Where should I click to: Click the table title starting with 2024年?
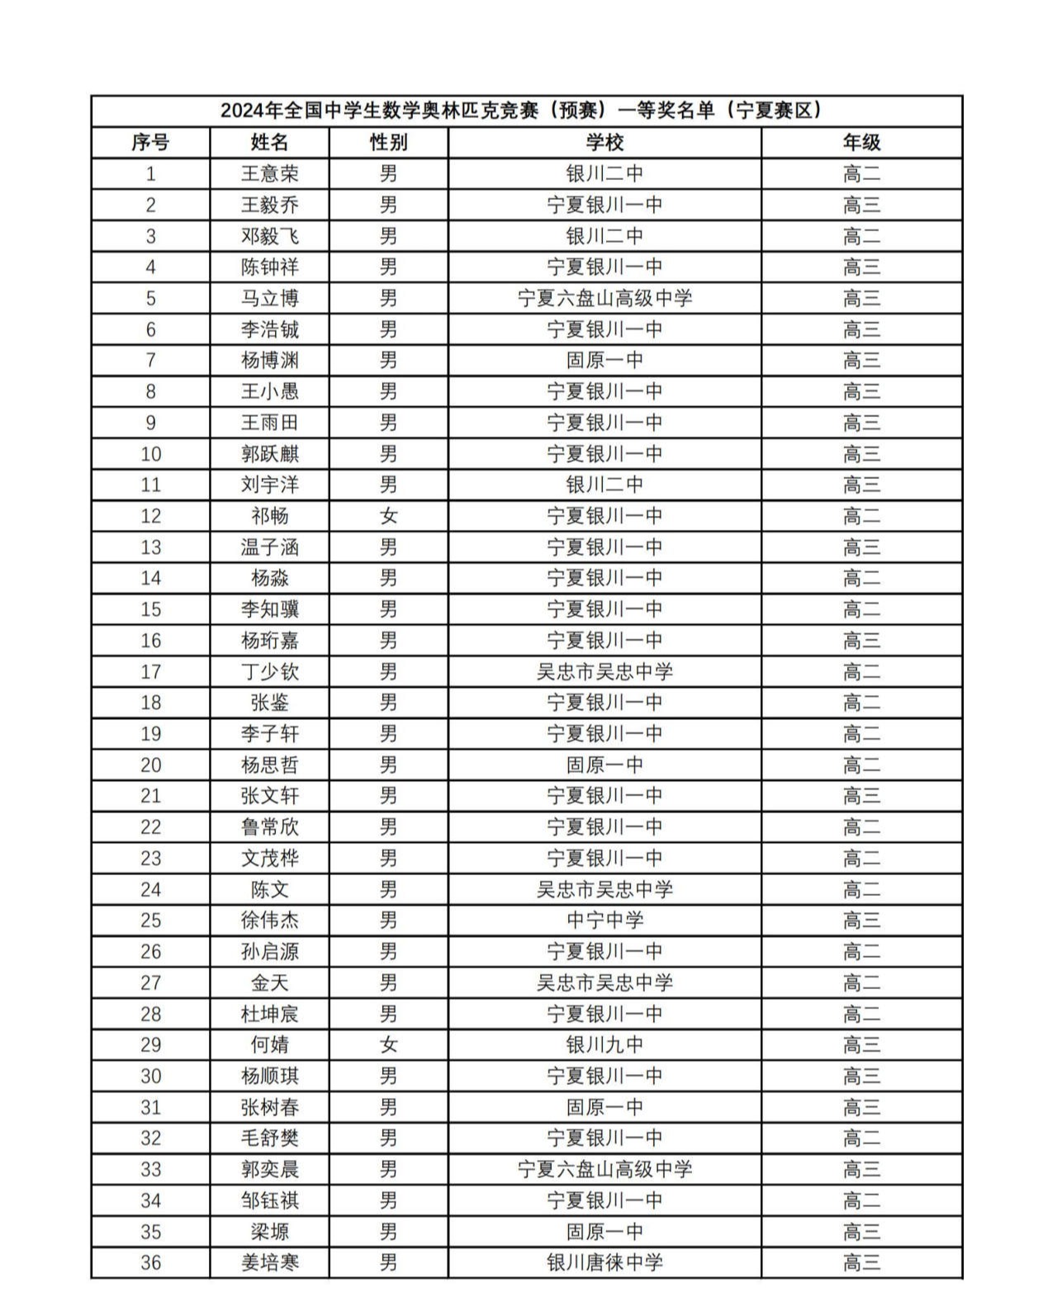pyautogui.click(x=526, y=111)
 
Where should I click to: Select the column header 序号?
pyautogui.click(x=150, y=143)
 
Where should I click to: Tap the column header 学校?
pyautogui.click(x=604, y=143)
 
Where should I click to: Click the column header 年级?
pyautogui.click(x=861, y=143)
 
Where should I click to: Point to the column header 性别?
pyautogui.click(x=388, y=143)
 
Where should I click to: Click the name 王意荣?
pyautogui.click(x=269, y=174)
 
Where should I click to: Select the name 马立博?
pyautogui.click(x=269, y=298)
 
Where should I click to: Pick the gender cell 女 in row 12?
pyautogui.click(x=388, y=516)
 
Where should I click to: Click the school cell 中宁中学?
pyautogui.click(x=604, y=921)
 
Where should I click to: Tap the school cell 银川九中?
pyautogui.click(x=604, y=1045)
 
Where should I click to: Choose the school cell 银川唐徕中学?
pyautogui.click(x=604, y=1262)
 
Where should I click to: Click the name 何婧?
pyautogui.click(x=269, y=1045)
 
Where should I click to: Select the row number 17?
pyautogui.click(x=150, y=672)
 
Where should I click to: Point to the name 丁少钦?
pyautogui.click(x=269, y=672)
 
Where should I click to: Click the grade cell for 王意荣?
pyautogui.click(x=861, y=174)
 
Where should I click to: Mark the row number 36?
pyautogui.click(x=150, y=1262)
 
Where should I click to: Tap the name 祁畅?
pyautogui.click(x=269, y=516)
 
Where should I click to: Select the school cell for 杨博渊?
pyautogui.click(x=604, y=360)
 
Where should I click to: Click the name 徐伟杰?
pyautogui.click(x=269, y=921)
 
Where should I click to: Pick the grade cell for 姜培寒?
pyautogui.click(x=861, y=1262)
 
